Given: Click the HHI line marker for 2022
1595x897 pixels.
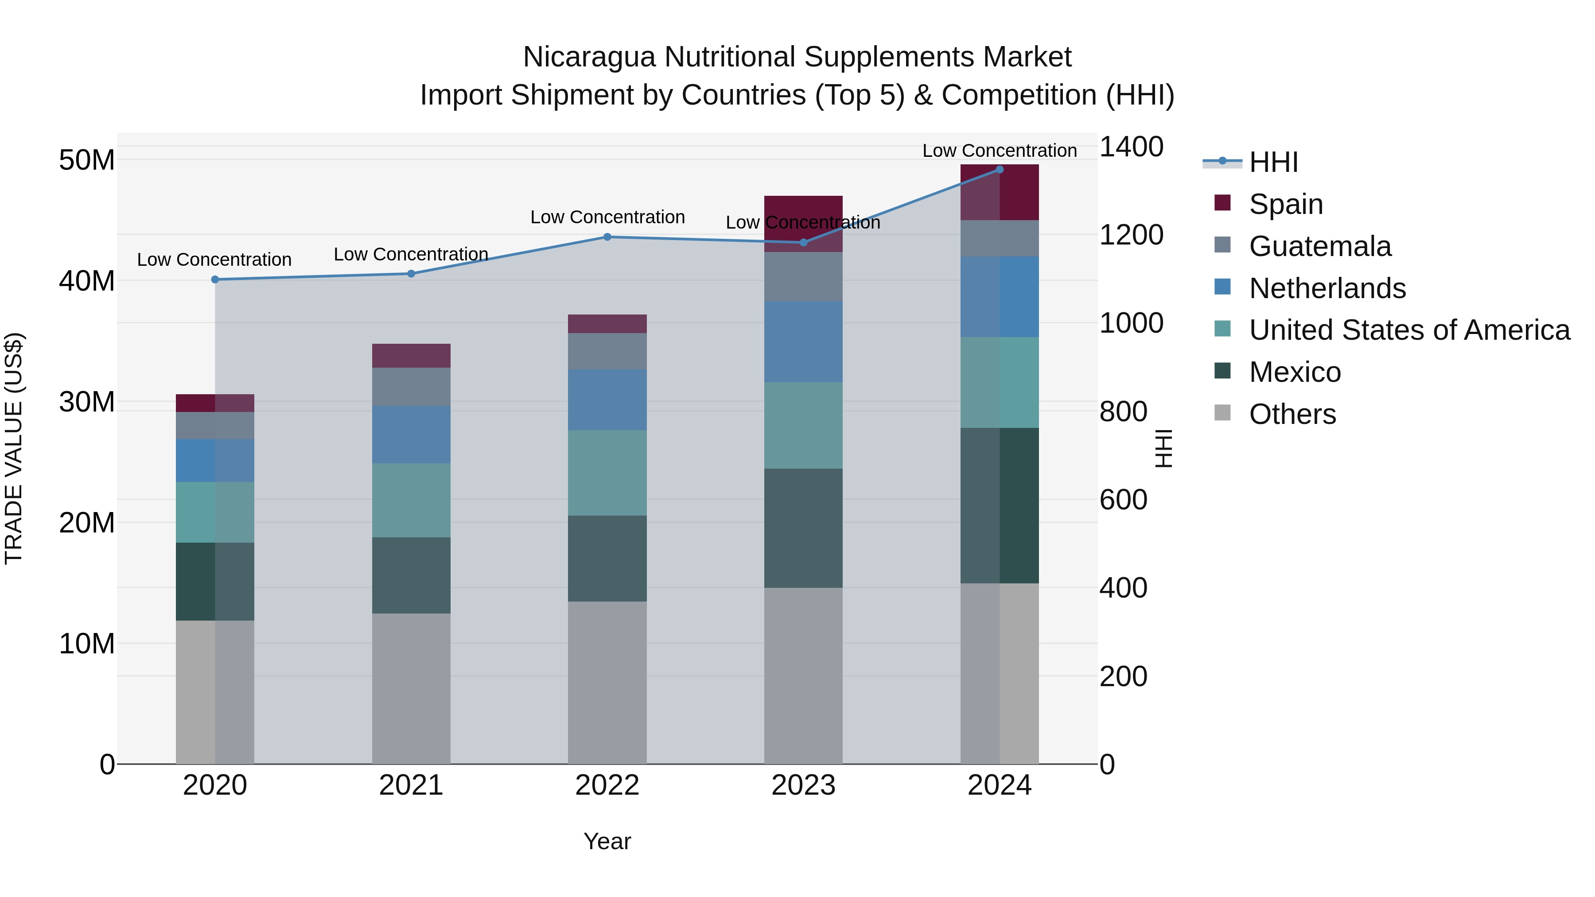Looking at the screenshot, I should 607,237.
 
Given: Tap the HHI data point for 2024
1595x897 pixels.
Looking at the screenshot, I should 1000,170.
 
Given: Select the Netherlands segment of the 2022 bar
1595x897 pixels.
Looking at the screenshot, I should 607,400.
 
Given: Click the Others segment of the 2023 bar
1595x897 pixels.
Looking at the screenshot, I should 803,676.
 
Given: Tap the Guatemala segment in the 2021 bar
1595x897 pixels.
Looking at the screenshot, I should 411,387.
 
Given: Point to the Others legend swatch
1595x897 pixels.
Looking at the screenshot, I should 1222,413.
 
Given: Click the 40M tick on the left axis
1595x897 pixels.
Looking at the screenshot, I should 87,281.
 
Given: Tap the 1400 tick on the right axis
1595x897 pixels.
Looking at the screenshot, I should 1131,148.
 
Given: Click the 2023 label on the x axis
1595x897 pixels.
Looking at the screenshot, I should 803,785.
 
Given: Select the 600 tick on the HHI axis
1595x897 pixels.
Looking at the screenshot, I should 1123,500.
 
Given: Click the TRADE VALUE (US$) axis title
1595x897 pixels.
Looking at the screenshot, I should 14,448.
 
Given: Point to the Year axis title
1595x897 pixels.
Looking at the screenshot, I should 607,841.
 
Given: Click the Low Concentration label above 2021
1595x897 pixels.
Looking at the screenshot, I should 411,254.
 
